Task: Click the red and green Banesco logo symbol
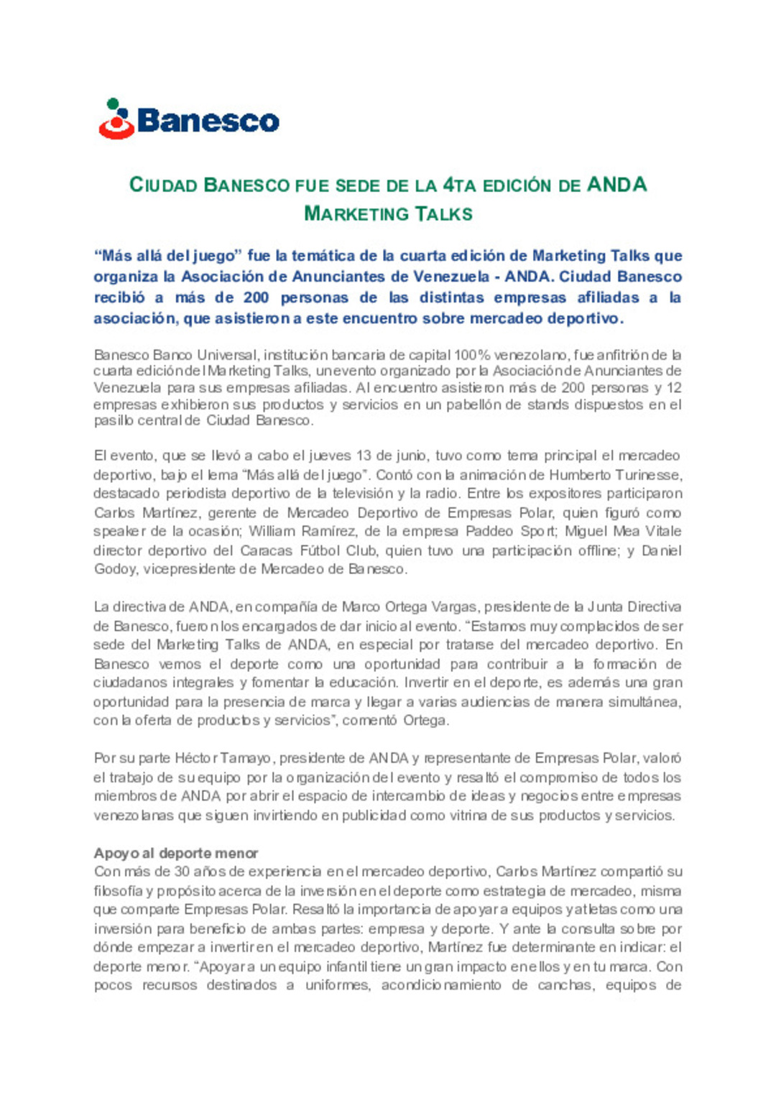click(116, 119)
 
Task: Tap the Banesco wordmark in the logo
click(208, 121)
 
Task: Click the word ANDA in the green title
click(616, 185)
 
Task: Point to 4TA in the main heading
click(459, 185)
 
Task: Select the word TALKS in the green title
click(443, 214)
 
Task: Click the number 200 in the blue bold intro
click(256, 297)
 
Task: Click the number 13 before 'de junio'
click(364, 456)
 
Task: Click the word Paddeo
click(490, 532)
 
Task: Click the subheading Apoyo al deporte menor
click(176, 853)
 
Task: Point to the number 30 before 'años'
click(182, 872)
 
